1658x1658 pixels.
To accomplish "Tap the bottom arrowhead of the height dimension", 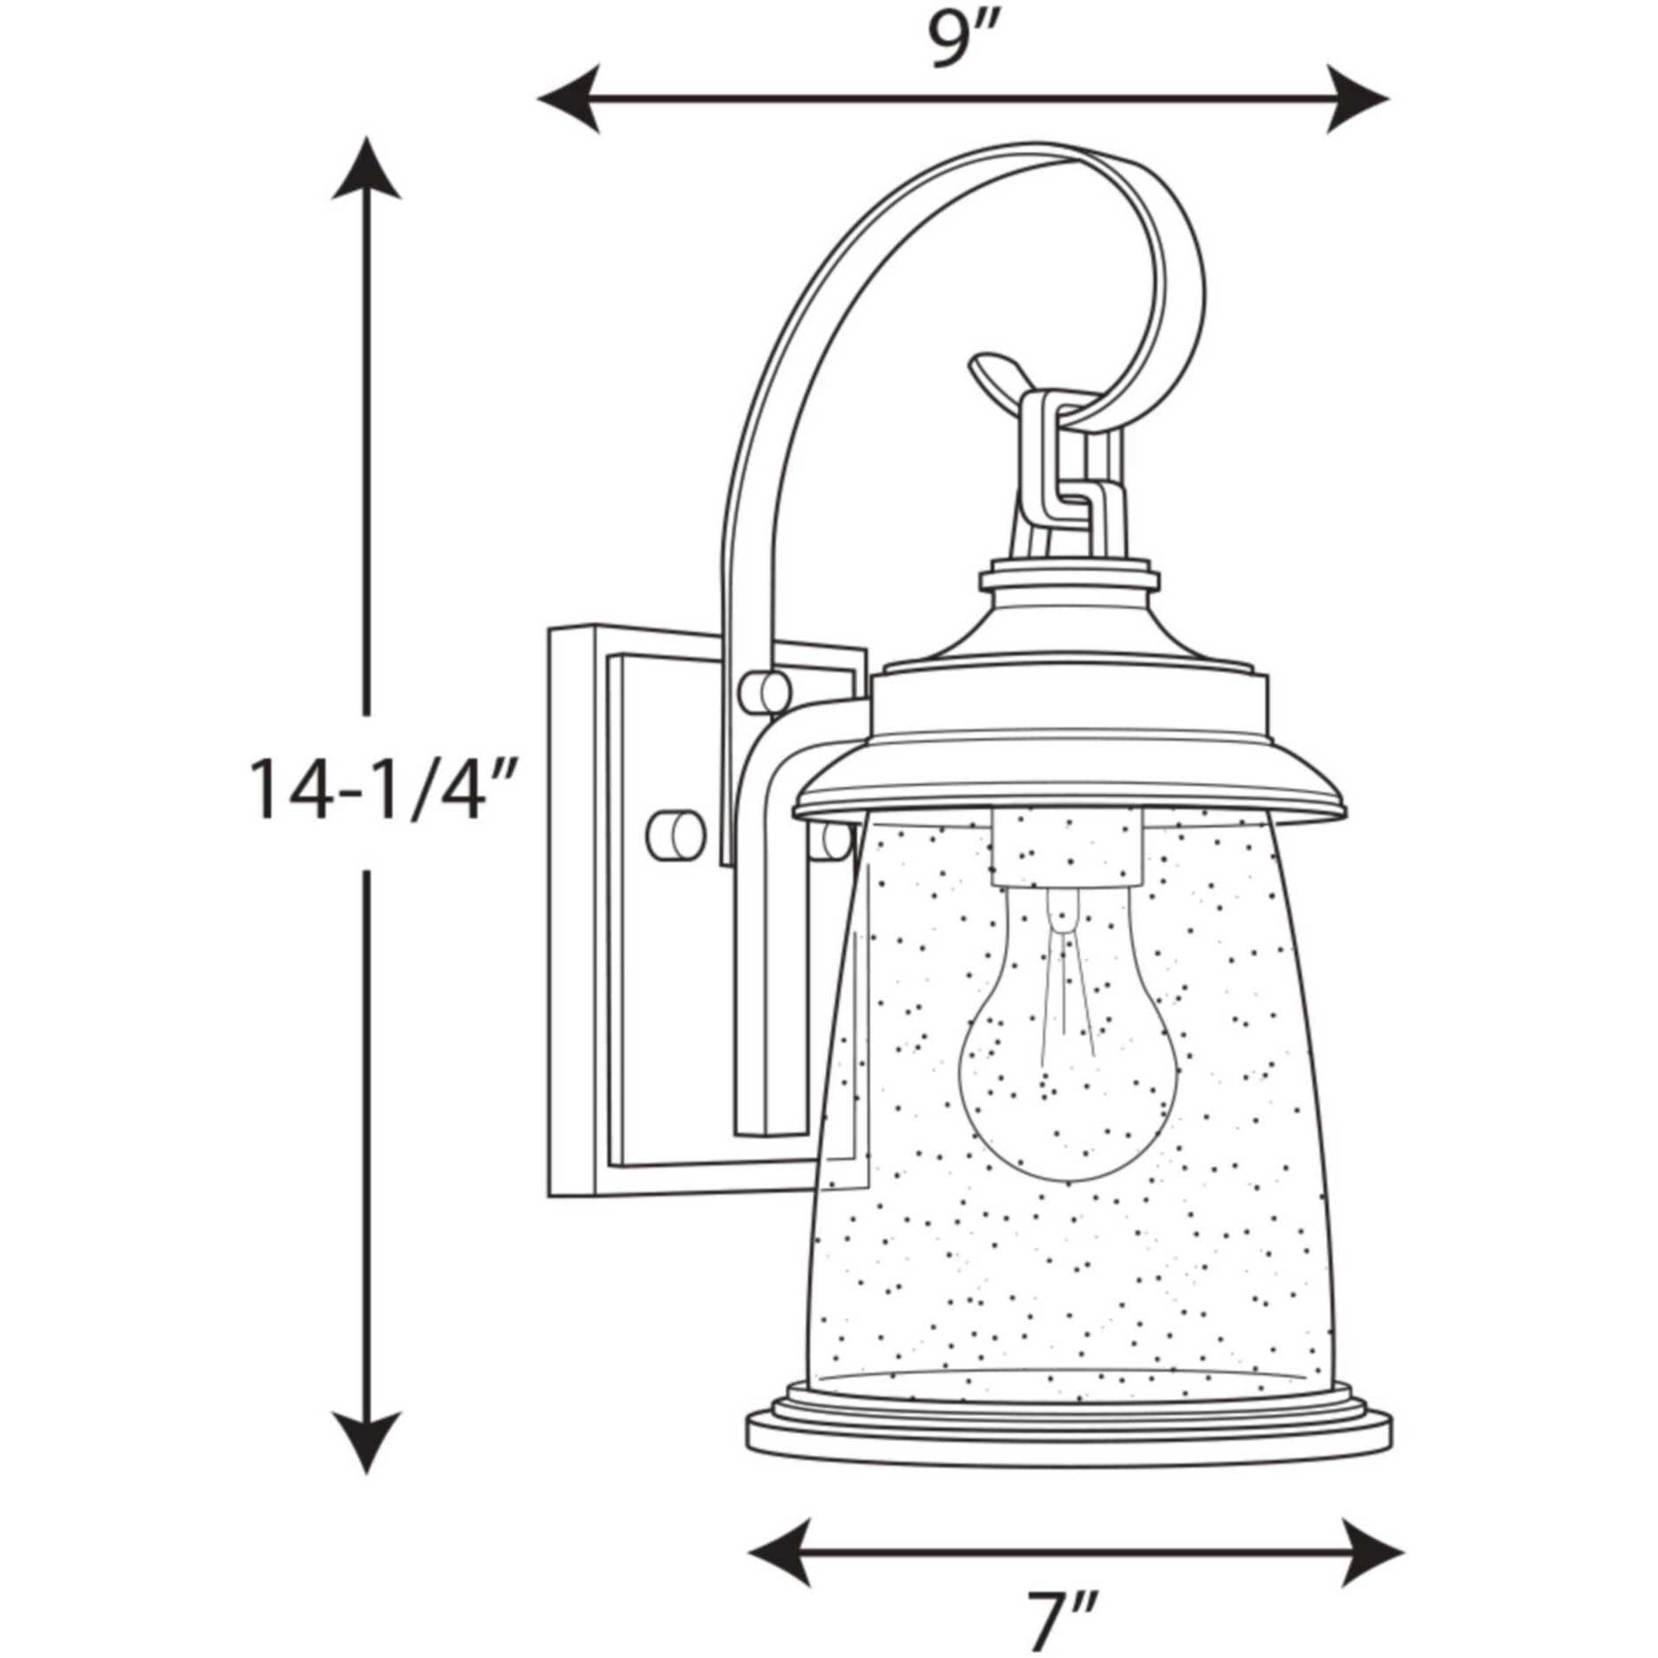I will (x=366, y=1441).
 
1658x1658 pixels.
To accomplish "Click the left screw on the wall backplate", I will (x=674, y=831).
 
